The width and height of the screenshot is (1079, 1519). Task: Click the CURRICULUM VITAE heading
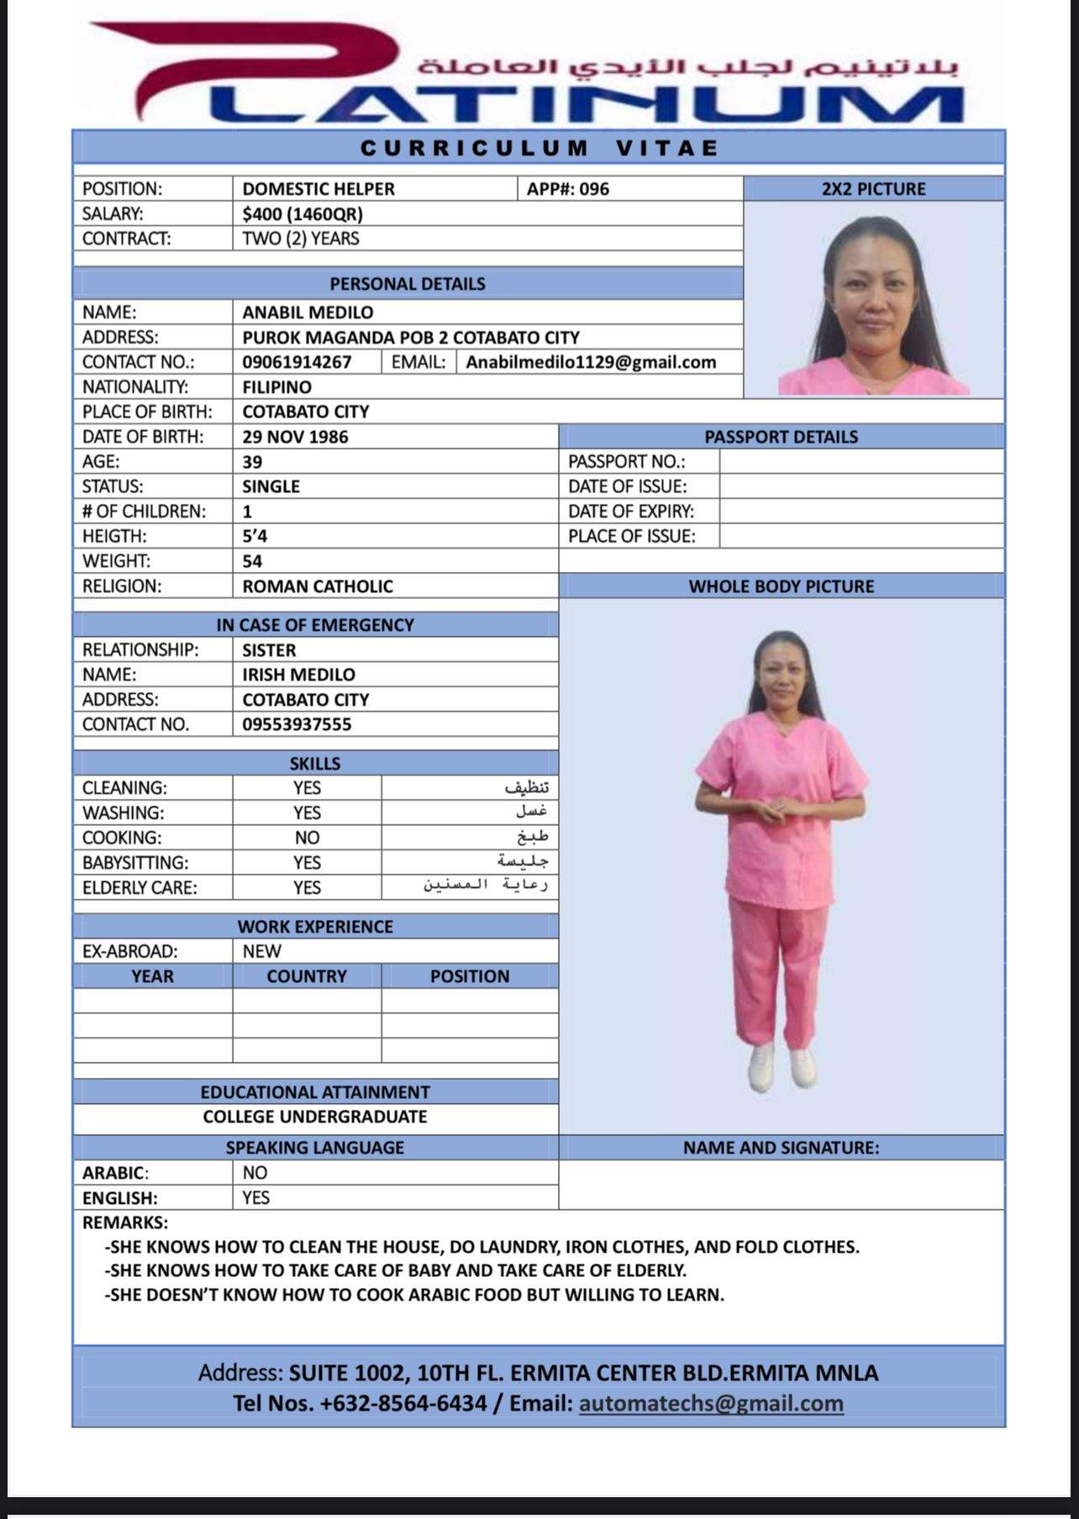[539, 149]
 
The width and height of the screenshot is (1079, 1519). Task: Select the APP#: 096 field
[568, 189]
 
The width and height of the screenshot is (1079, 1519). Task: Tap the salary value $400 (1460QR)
[303, 214]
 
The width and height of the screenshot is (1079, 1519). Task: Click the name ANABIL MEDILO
[308, 313]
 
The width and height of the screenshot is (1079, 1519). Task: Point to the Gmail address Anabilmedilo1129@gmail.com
[591, 362]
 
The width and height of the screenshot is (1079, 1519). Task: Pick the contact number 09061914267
[297, 362]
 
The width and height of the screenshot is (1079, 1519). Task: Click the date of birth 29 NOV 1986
[295, 437]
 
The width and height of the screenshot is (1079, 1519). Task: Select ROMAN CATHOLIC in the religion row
[318, 586]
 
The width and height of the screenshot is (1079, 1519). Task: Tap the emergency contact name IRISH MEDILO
[298, 675]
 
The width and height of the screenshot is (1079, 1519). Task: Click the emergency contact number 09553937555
[297, 724]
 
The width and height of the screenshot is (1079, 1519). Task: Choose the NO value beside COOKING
[307, 838]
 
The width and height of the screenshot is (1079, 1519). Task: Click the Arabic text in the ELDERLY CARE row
[486, 886]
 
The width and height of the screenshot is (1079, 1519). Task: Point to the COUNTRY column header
[307, 976]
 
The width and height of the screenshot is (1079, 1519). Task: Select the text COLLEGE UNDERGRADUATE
[315, 1117]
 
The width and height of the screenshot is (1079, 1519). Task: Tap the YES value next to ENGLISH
[255, 1197]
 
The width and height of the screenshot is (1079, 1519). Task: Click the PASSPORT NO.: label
[627, 461]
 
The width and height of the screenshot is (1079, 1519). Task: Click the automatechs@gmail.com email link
[711, 1403]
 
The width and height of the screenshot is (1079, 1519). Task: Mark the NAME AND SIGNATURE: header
[782, 1148]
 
